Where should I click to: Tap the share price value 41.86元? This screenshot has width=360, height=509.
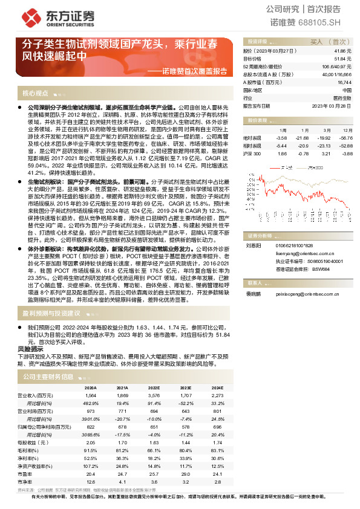tap(342, 51)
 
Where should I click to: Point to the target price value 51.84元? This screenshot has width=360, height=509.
tap(342, 59)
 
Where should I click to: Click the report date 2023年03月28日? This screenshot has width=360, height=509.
tap(332, 105)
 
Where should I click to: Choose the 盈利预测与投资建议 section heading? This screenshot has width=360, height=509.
tap(51, 313)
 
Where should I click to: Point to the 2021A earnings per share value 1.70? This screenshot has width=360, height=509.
tap(122, 443)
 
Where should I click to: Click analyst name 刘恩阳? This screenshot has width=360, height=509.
tap(251, 246)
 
